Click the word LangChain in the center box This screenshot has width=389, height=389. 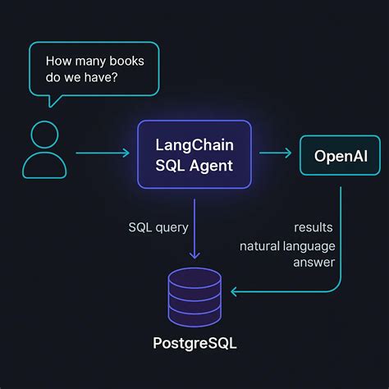(x=194, y=144)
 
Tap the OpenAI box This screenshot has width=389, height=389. (x=341, y=155)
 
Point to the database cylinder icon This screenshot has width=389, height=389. (x=194, y=296)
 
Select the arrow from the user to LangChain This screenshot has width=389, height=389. (x=102, y=153)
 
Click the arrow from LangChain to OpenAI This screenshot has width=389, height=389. (x=276, y=153)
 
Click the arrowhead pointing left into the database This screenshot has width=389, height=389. (x=236, y=291)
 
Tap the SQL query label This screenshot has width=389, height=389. (x=157, y=227)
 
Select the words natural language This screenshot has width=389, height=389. (x=287, y=245)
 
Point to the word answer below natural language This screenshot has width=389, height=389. (x=313, y=263)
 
